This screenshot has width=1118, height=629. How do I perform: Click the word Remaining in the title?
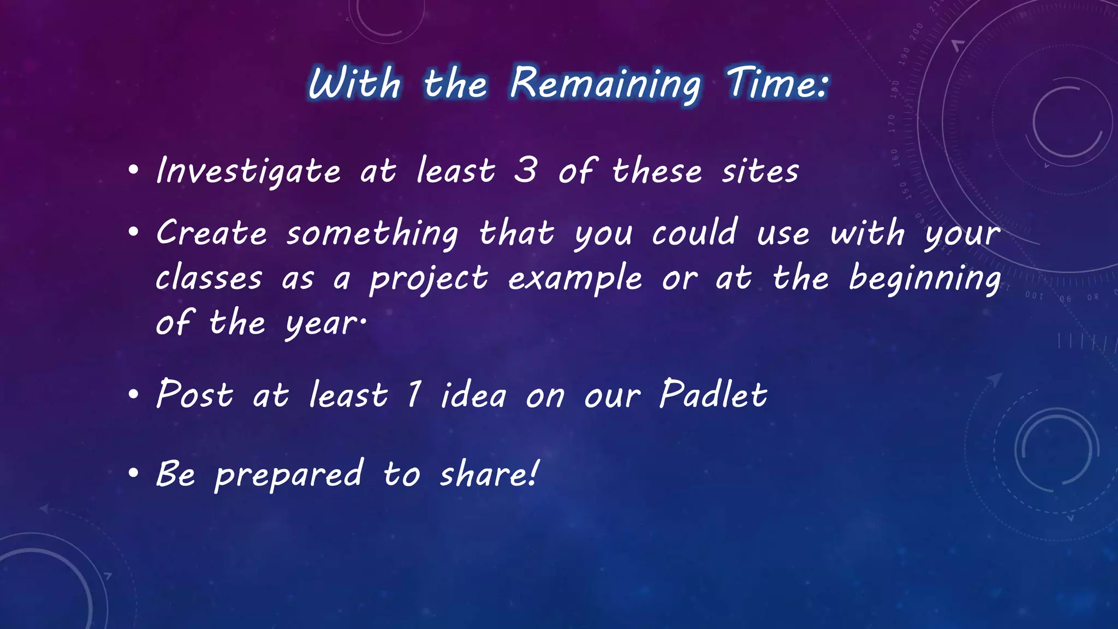(605, 84)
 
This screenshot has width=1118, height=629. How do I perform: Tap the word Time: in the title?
(777, 83)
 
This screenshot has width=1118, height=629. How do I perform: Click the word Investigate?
(248, 171)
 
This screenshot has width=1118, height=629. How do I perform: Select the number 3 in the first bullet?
(525, 170)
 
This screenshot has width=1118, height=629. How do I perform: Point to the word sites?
(760, 171)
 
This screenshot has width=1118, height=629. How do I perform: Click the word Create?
(211, 233)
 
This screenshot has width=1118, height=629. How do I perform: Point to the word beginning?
(925, 278)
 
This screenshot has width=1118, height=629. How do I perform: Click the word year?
(325, 324)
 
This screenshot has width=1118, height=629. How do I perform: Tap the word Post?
(195, 394)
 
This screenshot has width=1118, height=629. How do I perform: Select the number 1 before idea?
(414, 394)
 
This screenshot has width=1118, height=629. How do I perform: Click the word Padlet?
(713, 394)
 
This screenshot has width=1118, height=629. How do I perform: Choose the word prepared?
(289, 474)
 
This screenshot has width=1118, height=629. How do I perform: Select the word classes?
(209, 278)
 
